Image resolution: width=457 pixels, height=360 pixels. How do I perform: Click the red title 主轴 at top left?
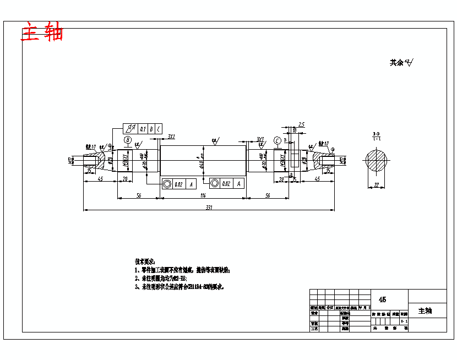42,32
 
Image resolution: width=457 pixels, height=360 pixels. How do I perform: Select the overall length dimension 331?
209,207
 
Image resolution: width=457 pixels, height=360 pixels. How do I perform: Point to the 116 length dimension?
203,195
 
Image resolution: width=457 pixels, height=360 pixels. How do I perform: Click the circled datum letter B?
128,141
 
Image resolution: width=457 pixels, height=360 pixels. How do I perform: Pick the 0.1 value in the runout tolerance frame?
143,129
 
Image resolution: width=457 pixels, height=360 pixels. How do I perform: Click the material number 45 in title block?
383,299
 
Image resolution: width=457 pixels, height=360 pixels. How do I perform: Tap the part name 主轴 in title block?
425,311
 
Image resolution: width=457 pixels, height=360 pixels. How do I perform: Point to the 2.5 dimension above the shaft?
301,124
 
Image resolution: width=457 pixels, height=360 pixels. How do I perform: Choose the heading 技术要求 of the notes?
145,261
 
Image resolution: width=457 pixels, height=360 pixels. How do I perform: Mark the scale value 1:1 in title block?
405,320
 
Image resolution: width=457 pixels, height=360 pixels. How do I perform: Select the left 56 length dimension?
139,195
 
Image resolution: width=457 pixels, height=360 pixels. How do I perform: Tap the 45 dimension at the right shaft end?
318,179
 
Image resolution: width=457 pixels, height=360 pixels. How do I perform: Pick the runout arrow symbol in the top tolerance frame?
130,129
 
